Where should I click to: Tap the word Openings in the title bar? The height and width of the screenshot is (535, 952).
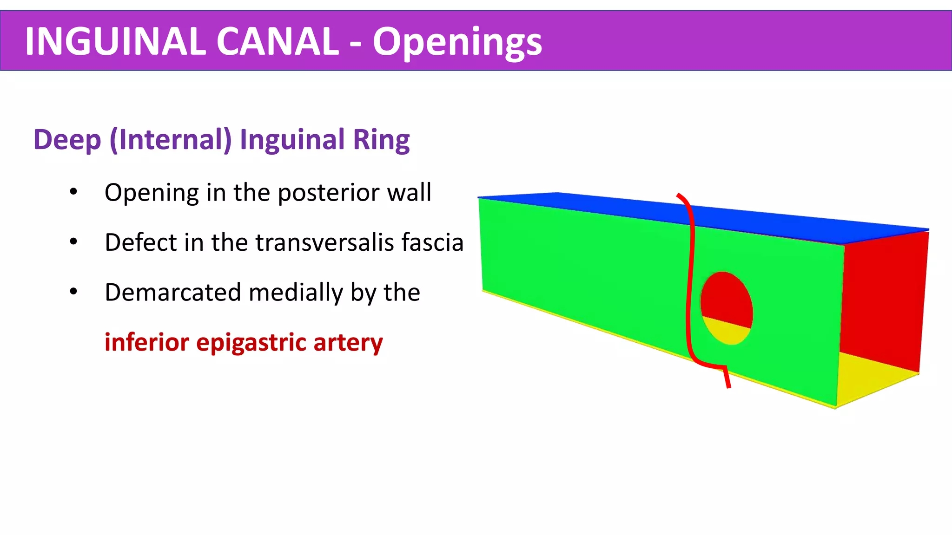(x=457, y=42)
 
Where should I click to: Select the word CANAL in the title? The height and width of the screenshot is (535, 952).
(x=278, y=41)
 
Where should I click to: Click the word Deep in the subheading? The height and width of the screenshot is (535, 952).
(x=67, y=140)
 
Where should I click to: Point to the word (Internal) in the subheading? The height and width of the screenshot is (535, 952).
(x=171, y=140)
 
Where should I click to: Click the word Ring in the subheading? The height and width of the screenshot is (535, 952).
(x=381, y=140)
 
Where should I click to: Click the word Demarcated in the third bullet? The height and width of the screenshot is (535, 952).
(x=173, y=293)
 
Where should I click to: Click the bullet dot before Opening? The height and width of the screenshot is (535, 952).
(x=73, y=192)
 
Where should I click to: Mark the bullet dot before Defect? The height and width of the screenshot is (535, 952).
(x=73, y=241)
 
